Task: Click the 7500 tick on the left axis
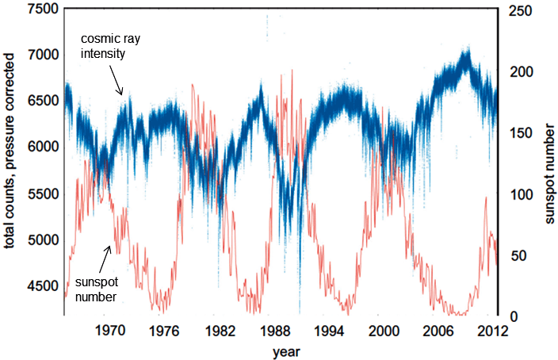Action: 36,10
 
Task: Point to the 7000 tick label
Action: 36,55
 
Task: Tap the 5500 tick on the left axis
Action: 36,193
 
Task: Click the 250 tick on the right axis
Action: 516,10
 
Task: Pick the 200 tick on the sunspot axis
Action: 516,71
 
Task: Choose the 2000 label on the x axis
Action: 385,331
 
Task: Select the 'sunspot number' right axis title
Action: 548,163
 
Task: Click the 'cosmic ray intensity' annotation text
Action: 109,47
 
